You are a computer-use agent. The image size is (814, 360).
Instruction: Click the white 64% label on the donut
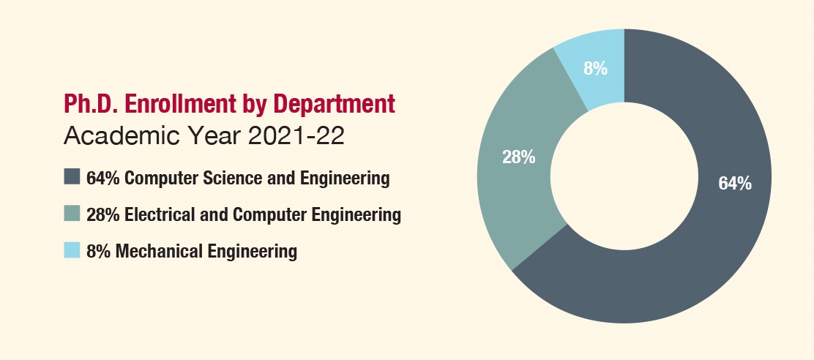click(x=734, y=184)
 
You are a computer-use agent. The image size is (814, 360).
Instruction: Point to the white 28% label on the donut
click(x=518, y=157)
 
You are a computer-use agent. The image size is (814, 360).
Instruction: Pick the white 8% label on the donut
click(x=595, y=69)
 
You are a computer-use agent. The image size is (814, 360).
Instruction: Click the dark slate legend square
click(x=72, y=177)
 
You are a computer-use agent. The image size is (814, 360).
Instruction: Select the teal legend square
click(x=72, y=214)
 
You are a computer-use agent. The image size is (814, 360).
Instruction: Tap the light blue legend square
click(x=72, y=251)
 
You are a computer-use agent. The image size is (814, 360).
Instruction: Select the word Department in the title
click(x=334, y=104)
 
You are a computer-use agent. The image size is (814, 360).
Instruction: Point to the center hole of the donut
click(x=624, y=176)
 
